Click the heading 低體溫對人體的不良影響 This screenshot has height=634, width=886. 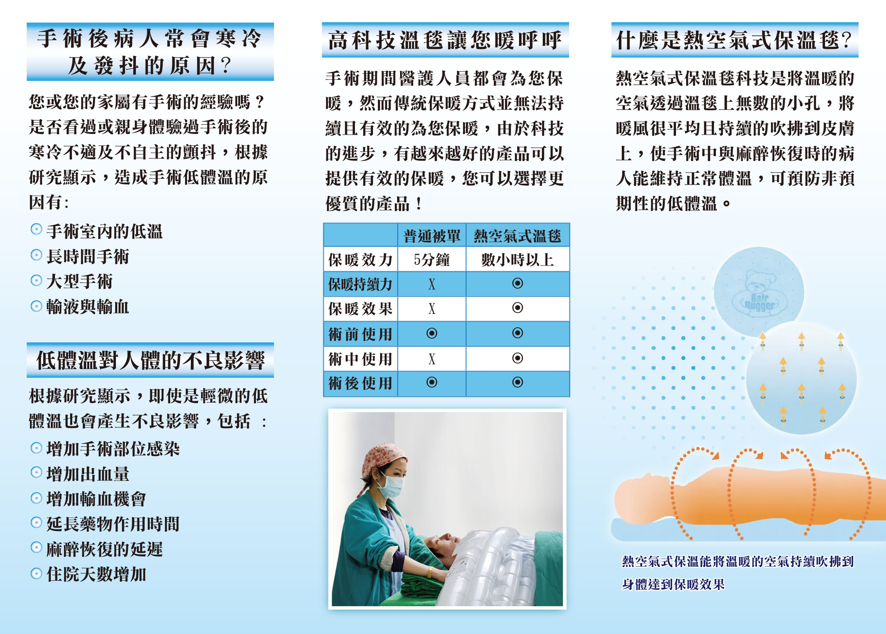[150, 360]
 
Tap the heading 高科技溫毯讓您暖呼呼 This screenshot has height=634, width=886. [445, 40]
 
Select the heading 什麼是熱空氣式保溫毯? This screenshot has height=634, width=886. [734, 40]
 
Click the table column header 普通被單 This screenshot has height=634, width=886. [431, 236]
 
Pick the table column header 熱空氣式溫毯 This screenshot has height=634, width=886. [518, 236]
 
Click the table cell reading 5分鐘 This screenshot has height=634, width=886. [431, 260]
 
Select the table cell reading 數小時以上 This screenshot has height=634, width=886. [518, 260]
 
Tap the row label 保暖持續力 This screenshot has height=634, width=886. [360, 284]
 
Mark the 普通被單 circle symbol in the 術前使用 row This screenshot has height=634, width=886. [431, 333]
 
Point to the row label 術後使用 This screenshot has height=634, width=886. [360, 383]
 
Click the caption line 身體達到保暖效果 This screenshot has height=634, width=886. [673, 584]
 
